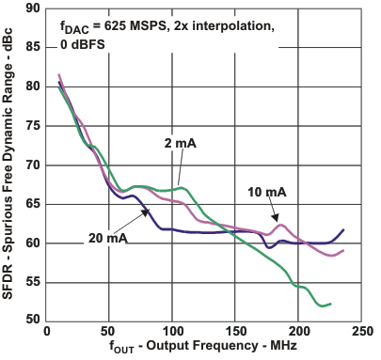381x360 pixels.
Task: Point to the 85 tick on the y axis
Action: (33, 47)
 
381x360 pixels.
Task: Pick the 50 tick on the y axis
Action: (33, 321)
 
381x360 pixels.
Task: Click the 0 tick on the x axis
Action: (46, 332)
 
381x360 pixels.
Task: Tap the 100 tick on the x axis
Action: (171, 332)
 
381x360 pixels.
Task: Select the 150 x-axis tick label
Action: (235, 332)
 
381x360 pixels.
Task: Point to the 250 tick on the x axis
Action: (360, 332)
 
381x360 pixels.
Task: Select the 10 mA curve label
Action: (268, 192)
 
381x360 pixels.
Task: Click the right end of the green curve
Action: (330, 304)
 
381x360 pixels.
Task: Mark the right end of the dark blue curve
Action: (343, 229)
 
